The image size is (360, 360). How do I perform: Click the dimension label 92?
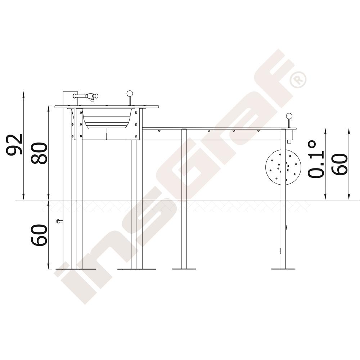(14, 144)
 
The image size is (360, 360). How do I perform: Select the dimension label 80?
(39, 153)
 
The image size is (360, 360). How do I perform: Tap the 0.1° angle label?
(315, 159)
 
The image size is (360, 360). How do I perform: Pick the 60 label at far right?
(339, 165)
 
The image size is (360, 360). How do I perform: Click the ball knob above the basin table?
(130, 94)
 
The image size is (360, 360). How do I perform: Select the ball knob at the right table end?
(289, 116)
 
